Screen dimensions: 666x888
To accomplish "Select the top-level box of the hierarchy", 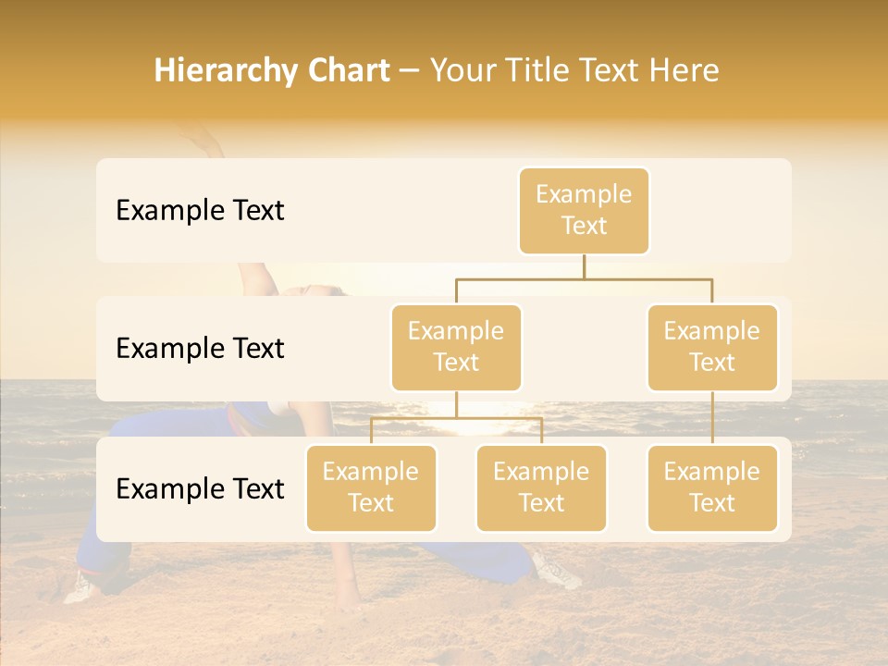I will (x=584, y=210).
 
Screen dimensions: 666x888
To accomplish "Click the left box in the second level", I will (x=456, y=347).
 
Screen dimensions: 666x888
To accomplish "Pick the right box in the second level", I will (x=712, y=347).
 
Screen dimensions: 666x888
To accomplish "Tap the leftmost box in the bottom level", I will (x=371, y=487).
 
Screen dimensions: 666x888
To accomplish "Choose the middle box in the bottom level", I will (x=541, y=487).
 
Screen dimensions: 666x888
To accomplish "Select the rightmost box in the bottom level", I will (x=712, y=487).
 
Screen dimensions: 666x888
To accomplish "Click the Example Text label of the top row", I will (x=200, y=211).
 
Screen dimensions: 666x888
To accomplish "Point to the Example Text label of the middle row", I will (x=200, y=349).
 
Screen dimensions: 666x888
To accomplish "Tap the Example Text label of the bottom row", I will (x=200, y=488).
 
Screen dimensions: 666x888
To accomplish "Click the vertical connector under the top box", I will (x=584, y=266).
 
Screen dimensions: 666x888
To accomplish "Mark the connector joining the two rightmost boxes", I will (x=712, y=418).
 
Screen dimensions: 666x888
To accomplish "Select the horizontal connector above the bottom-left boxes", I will (x=456, y=418).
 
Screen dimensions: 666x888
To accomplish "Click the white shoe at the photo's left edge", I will (x=80, y=587).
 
